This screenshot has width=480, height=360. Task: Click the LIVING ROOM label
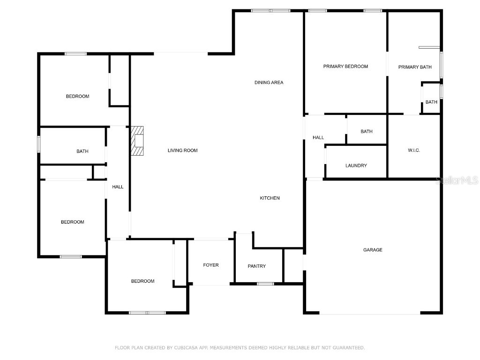pos(183,150)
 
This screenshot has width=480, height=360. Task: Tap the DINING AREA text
pos(269,82)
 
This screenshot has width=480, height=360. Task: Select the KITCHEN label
pos(270,198)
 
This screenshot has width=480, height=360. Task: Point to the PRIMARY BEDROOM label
pos(345,67)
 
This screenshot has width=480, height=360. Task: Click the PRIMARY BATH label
pos(415,67)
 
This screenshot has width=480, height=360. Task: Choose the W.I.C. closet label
pos(413,150)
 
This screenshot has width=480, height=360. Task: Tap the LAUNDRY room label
pos(356,165)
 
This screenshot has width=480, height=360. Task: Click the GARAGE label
pos(373,250)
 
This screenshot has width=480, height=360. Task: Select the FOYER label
pos(210,265)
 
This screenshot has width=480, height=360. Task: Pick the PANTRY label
pos(256,266)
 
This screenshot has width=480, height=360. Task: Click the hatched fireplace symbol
pos(137,141)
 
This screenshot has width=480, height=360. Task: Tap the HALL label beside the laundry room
pos(318,137)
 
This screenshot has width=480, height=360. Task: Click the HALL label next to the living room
pos(118,187)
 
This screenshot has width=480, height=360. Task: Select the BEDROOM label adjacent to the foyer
pos(142,281)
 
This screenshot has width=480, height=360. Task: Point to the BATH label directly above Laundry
pos(367,132)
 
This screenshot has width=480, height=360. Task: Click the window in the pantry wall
pos(266,284)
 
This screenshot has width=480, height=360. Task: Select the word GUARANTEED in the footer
pos(347,348)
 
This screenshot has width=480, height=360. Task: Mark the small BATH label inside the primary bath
pos(431,102)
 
